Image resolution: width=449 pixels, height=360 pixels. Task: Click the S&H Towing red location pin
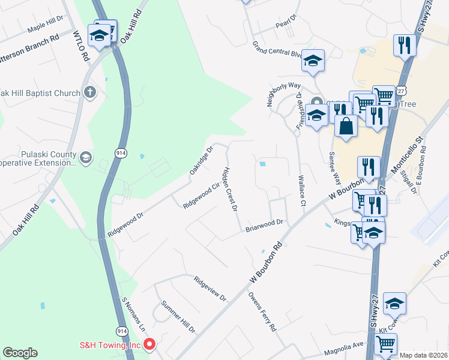[149, 344]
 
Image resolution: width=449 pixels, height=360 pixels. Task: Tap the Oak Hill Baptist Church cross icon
[89, 92]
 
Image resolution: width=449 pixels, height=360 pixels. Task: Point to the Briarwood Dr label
[264, 225]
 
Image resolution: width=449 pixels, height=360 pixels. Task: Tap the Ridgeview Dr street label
[210, 289]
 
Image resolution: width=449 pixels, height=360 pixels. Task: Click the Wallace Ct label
[301, 191]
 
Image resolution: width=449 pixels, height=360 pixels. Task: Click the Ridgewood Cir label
[199, 196]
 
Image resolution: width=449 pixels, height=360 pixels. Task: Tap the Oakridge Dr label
[202, 160]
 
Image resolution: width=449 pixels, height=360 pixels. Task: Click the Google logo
[20, 353]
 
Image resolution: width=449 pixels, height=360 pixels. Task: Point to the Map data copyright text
[424, 355]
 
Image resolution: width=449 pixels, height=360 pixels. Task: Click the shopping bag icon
[346, 126]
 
